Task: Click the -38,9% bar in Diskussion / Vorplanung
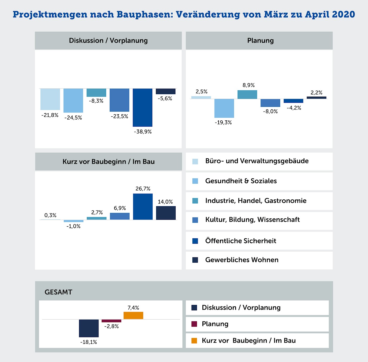[143, 107]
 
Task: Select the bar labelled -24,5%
[73, 100]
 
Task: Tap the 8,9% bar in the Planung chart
[247, 94]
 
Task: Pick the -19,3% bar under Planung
[224, 108]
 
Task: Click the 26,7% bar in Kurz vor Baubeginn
[143, 207]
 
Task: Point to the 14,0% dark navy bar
[166, 213]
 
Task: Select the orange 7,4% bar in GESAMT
[133, 315]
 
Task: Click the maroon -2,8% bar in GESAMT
[111, 321]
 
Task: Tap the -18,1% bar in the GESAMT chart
[89, 328]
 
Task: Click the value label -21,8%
[50, 115]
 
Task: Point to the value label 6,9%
[120, 208]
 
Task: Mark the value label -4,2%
[294, 108]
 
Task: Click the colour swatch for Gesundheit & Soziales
[195, 181]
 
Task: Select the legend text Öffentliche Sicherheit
[241, 241]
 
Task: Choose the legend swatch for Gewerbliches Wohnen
[195, 260]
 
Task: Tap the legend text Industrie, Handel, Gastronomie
[256, 201]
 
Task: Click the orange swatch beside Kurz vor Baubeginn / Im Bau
[194, 341]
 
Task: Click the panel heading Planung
[260, 41]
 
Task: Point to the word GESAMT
[58, 292]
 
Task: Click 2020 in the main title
[344, 14]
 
